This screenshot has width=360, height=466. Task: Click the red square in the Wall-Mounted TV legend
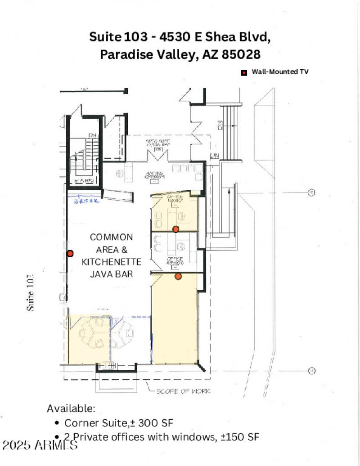(244, 72)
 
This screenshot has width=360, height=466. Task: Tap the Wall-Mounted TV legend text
(280, 72)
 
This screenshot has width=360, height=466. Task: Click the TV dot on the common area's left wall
(70, 254)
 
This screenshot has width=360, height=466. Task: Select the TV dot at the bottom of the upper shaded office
(176, 229)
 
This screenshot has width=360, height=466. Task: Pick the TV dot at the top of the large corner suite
(178, 276)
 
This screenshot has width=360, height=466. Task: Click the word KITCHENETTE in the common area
(112, 262)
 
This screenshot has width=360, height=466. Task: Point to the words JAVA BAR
(112, 273)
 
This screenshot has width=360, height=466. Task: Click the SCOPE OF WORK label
(184, 391)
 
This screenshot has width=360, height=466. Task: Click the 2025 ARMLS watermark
(39, 445)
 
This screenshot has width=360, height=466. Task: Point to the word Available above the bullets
(71, 408)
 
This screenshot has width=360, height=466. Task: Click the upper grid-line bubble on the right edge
(310, 193)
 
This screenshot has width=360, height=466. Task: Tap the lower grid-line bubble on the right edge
(310, 371)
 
